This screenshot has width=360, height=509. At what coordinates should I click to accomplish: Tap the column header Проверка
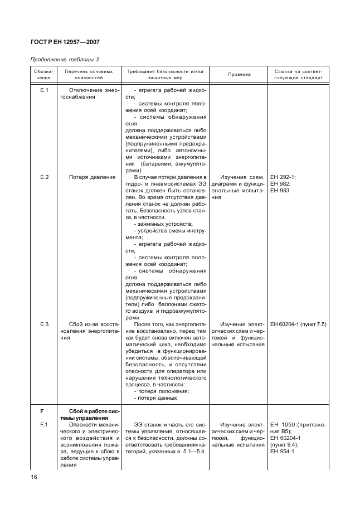coord(239,75)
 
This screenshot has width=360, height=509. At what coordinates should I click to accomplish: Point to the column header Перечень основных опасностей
coord(89,75)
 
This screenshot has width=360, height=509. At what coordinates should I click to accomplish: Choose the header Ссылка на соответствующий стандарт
coord(298,75)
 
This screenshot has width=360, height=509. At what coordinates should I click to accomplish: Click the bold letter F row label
coord(41,411)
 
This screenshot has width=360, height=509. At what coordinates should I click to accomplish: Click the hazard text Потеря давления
coord(92,177)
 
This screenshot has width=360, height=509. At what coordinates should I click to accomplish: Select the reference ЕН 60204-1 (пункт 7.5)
coord(298,324)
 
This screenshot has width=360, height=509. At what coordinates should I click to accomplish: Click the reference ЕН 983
coord(279,191)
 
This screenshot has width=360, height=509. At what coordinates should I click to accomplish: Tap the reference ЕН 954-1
coord(282,452)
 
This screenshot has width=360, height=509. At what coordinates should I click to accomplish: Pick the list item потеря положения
coord(161,391)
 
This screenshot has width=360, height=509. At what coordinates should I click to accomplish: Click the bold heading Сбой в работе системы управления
coord(89,414)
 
